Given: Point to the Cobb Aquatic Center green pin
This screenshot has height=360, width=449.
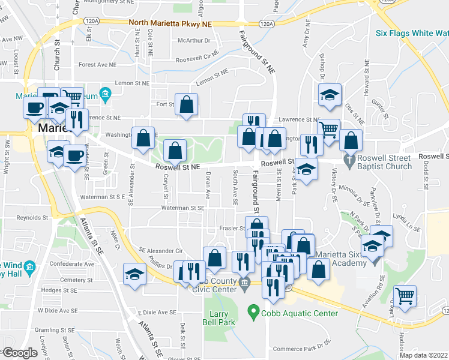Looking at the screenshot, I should pyautogui.click(x=253, y=313).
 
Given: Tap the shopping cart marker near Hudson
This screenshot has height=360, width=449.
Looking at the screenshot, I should pyautogui.click(x=406, y=295).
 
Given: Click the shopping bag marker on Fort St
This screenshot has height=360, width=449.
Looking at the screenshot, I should pyautogui.click(x=187, y=103).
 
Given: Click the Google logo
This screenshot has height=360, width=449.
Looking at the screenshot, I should pyautogui.click(x=20, y=353).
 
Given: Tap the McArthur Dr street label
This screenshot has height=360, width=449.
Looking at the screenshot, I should pyautogui.click(x=193, y=41).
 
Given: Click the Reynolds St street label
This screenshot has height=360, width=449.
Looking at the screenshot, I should pyautogui.click(x=31, y=217).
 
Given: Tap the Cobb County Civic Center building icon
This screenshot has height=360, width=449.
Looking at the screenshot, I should pyautogui.click(x=244, y=283).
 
